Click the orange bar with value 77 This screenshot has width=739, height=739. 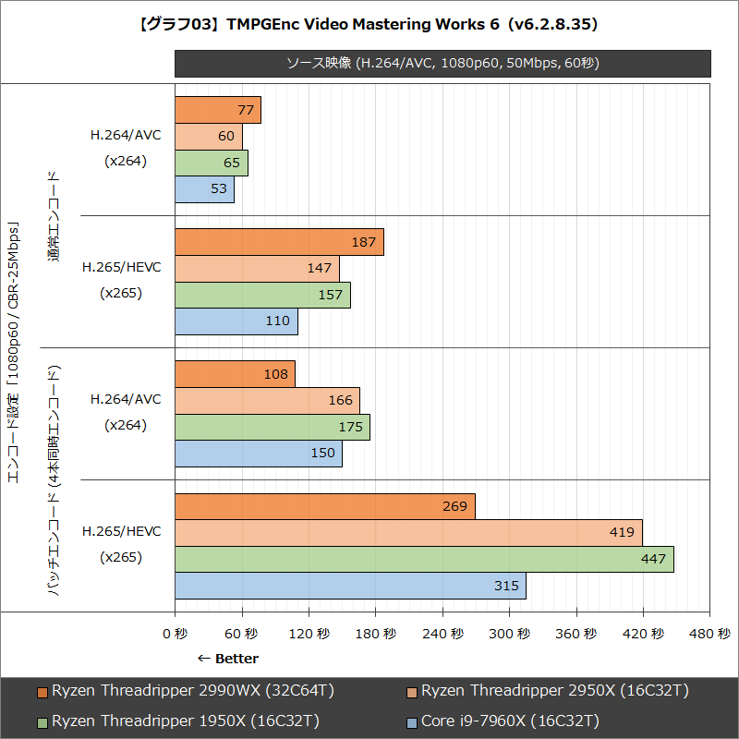(x=217, y=110)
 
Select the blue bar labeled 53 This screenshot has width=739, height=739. (x=204, y=189)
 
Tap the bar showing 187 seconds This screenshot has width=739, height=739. (x=279, y=242)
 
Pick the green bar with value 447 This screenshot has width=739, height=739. (x=424, y=559)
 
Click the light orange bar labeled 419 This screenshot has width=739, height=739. (x=408, y=533)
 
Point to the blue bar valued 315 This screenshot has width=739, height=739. (x=350, y=586)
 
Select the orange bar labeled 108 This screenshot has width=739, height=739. (x=235, y=374)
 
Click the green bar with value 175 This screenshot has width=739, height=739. (x=272, y=427)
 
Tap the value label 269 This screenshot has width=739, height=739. (x=455, y=506)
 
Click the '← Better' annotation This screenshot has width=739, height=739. (x=228, y=659)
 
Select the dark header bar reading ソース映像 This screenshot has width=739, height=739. (x=442, y=63)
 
